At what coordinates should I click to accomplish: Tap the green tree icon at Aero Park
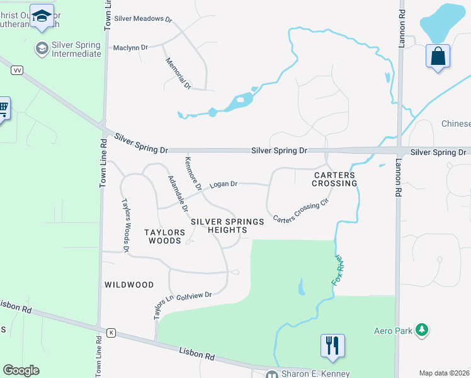(423, 330)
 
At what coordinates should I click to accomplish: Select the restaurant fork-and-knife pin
(333, 345)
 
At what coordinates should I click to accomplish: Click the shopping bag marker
(438, 57)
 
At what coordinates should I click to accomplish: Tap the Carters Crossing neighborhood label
(334, 179)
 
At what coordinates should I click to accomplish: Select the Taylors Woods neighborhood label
(165, 236)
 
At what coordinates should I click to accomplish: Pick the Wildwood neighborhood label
(129, 285)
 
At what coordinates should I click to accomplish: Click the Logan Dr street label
(224, 184)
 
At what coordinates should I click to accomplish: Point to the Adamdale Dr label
(177, 193)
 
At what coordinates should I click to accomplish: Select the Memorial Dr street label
(178, 73)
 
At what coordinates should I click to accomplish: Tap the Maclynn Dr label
(130, 47)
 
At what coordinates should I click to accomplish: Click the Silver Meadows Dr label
(143, 20)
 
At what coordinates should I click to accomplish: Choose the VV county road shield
(17, 71)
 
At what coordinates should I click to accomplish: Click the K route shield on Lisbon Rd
(111, 333)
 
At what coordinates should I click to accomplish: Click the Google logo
(21, 370)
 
